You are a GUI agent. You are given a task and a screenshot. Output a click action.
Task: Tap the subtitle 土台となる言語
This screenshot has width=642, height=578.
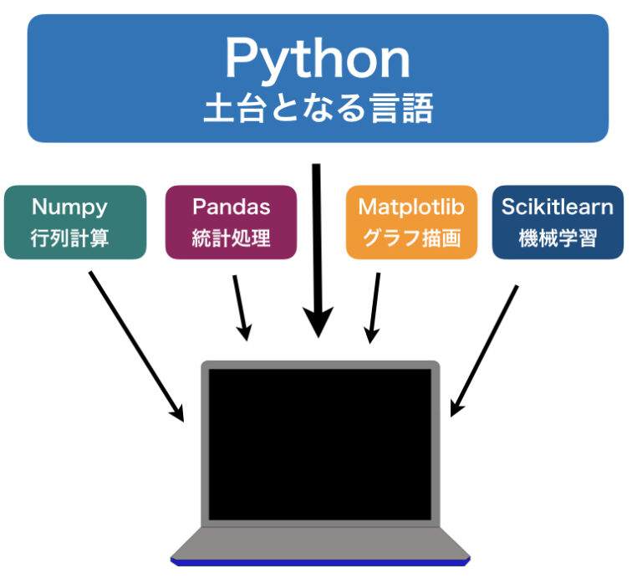click(x=318, y=109)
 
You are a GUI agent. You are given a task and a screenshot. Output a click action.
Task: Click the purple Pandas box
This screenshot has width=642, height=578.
click(x=232, y=223)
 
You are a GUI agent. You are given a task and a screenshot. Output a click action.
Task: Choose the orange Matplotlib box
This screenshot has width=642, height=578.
click(x=411, y=223)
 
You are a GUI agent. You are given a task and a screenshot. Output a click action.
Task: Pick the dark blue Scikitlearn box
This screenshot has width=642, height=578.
click(x=558, y=223)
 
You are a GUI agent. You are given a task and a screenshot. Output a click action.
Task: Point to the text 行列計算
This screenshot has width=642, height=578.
click(x=69, y=238)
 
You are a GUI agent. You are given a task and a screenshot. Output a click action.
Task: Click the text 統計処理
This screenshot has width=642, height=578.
click(x=232, y=238)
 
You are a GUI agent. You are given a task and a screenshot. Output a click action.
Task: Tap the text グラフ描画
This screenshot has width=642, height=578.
click(x=411, y=238)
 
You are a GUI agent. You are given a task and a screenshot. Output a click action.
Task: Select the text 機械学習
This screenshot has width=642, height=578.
click(x=558, y=238)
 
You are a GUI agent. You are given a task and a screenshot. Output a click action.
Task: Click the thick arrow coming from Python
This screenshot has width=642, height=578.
click(x=317, y=251)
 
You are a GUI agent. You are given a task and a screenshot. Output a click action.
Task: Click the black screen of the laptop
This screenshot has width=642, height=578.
click(x=320, y=443)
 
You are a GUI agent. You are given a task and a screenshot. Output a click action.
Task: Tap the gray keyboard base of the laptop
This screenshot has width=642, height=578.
click(x=320, y=541)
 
